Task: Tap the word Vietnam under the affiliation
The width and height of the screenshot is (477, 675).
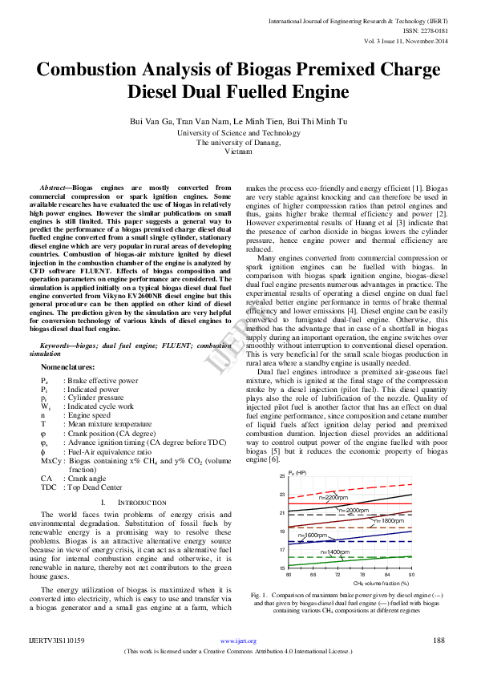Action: [x=238, y=150]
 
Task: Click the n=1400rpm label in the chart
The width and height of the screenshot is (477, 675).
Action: [x=334, y=552]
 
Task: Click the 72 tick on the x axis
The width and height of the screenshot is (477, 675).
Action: [x=338, y=574]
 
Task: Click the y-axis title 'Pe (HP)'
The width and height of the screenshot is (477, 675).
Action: [x=297, y=471]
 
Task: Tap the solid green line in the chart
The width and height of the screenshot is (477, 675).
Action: [x=353, y=560]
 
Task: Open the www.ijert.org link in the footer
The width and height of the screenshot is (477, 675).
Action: [x=238, y=641]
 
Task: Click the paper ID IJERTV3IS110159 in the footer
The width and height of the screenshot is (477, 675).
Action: [x=57, y=641]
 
